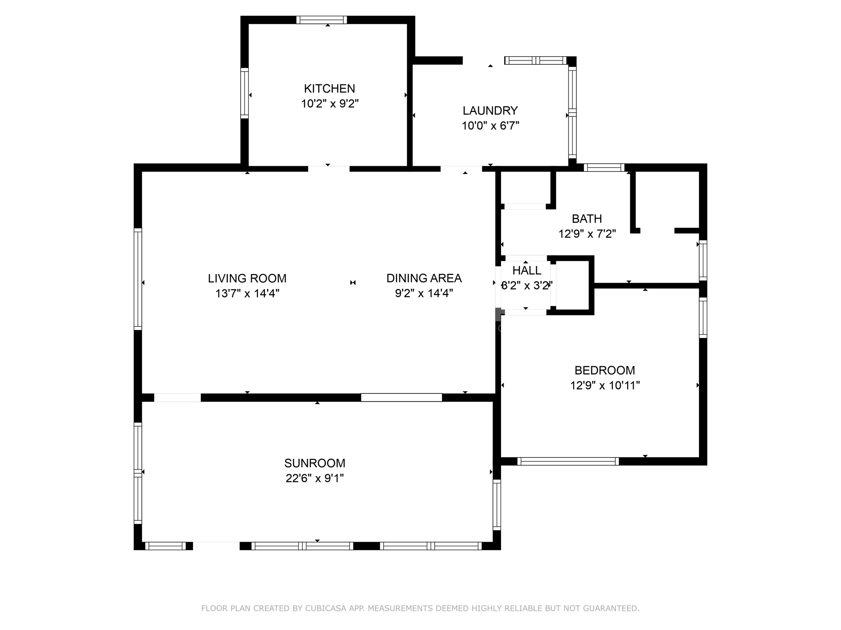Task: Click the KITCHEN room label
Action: click(x=329, y=89)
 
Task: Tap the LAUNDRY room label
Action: click(x=490, y=111)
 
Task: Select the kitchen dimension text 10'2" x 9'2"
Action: click(x=330, y=103)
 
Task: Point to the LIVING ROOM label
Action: click(x=247, y=278)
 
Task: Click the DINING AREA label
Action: click(x=424, y=278)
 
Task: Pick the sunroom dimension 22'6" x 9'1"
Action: click(x=314, y=478)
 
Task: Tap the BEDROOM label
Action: click(x=604, y=370)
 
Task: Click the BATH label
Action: click(x=587, y=219)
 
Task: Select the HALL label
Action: click(x=527, y=270)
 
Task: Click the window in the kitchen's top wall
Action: click(x=322, y=20)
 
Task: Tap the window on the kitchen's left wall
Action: click(x=244, y=93)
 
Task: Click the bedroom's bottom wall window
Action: click(x=568, y=461)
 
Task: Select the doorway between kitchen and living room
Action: click(x=329, y=169)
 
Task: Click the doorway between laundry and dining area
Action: click(x=461, y=169)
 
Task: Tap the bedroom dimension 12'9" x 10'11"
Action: click(x=605, y=386)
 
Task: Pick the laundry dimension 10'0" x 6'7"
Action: click(x=490, y=125)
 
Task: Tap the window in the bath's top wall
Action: click(x=604, y=167)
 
